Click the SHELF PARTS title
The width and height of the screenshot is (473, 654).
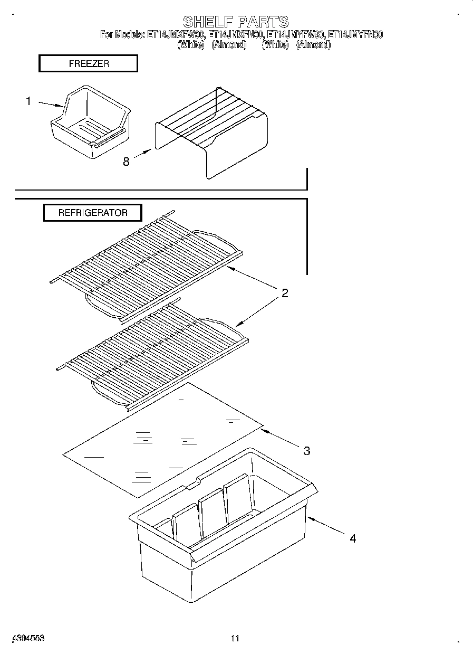pyautogui.click(x=235, y=22)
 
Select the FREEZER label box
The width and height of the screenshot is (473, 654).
pyautogui.click(x=88, y=64)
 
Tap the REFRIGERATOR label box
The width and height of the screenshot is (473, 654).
pyautogui.click(x=92, y=213)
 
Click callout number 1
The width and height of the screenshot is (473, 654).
pyautogui.click(x=29, y=101)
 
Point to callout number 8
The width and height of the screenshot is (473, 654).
pyautogui.click(x=126, y=162)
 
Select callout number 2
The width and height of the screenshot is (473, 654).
pyautogui.click(x=285, y=293)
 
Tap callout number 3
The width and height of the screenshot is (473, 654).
pyautogui.click(x=306, y=450)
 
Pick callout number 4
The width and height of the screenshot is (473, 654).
pyautogui.click(x=353, y=538)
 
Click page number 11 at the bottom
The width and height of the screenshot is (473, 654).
pyautogui.click(x=235, y=638)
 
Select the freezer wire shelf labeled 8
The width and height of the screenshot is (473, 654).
pyautogui.click(x=211, y=132)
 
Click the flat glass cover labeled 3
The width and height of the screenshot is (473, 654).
pyautogui.click(x=163, y=438)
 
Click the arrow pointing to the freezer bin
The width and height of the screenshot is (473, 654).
pyautogui.click(x=52, y=104)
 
